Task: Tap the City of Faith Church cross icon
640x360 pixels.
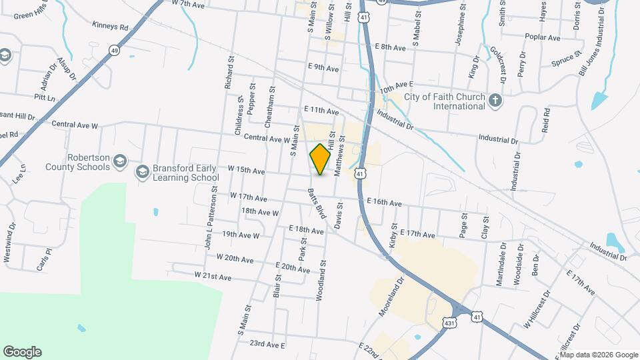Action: click(x=495, y=100)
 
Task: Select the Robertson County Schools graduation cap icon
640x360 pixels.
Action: click(x=119, y=161)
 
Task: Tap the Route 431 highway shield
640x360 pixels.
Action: click(x=450, y=323)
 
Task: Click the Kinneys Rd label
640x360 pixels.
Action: click(x=111, y=27)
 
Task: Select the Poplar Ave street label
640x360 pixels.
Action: click(x=543, y=38)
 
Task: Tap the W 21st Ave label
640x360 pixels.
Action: click(x=213, y=275)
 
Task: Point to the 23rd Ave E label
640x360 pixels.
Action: click(x=267, y=345)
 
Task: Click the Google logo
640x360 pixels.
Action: click(x=22, y=352)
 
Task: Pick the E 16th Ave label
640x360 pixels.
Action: click(x=384, y=203)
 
